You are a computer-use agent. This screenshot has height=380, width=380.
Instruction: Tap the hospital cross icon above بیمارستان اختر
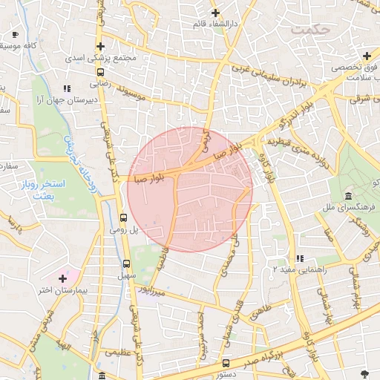click(x=63, y=278)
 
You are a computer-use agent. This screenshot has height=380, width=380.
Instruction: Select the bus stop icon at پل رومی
click(x=123, y=218)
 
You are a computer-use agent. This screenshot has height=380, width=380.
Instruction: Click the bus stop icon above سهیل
click(x=126, y=263)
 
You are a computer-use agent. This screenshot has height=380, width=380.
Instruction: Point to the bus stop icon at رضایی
click(x=100, y=72)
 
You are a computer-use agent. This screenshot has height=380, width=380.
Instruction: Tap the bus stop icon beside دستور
click(x=226, y=364)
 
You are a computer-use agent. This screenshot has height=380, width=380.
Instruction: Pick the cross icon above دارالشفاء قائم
click(x=215, y=13)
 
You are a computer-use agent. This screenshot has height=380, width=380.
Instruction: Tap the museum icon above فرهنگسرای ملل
click(x=349, y=195)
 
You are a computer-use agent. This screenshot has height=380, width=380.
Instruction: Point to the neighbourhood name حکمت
click(x=310, y=30)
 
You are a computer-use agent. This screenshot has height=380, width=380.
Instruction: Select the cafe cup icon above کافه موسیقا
click(x=15, y=34)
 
